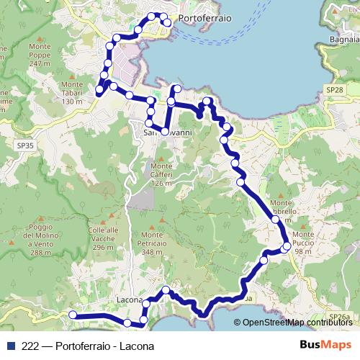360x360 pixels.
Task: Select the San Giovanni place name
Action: (166, 132)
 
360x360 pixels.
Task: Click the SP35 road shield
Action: (24, 145)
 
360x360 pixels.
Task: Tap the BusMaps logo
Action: (325, 345)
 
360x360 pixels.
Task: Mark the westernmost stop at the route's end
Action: (72, 314)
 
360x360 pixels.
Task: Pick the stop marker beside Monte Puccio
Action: (287, 247)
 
